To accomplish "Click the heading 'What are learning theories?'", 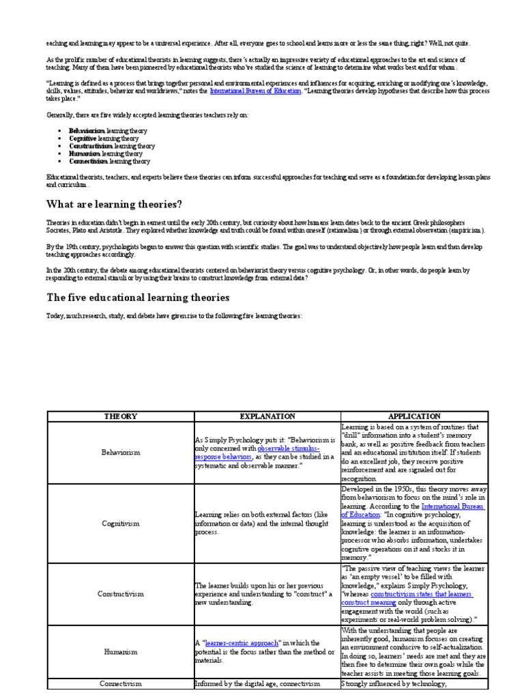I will tap(114, 204).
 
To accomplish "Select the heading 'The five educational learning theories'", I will tap(137, 298).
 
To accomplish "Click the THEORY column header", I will tap(120, 416).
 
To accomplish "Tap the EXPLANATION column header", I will tap(267, 416).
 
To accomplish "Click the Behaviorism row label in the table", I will tap(120, 452).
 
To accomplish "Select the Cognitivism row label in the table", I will tap(120, 523).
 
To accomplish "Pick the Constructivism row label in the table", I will tap(120, 594).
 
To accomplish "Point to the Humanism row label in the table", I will tap(120, 651).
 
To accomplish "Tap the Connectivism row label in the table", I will tap(120, 682).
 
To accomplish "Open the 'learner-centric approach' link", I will tap(236, 643).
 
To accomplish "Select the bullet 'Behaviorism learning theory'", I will tap(108, 130).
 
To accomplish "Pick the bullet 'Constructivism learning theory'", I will tap(112, 146).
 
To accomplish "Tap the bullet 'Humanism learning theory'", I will tap(106, 154).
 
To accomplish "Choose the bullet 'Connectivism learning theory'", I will tap(109, 162).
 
